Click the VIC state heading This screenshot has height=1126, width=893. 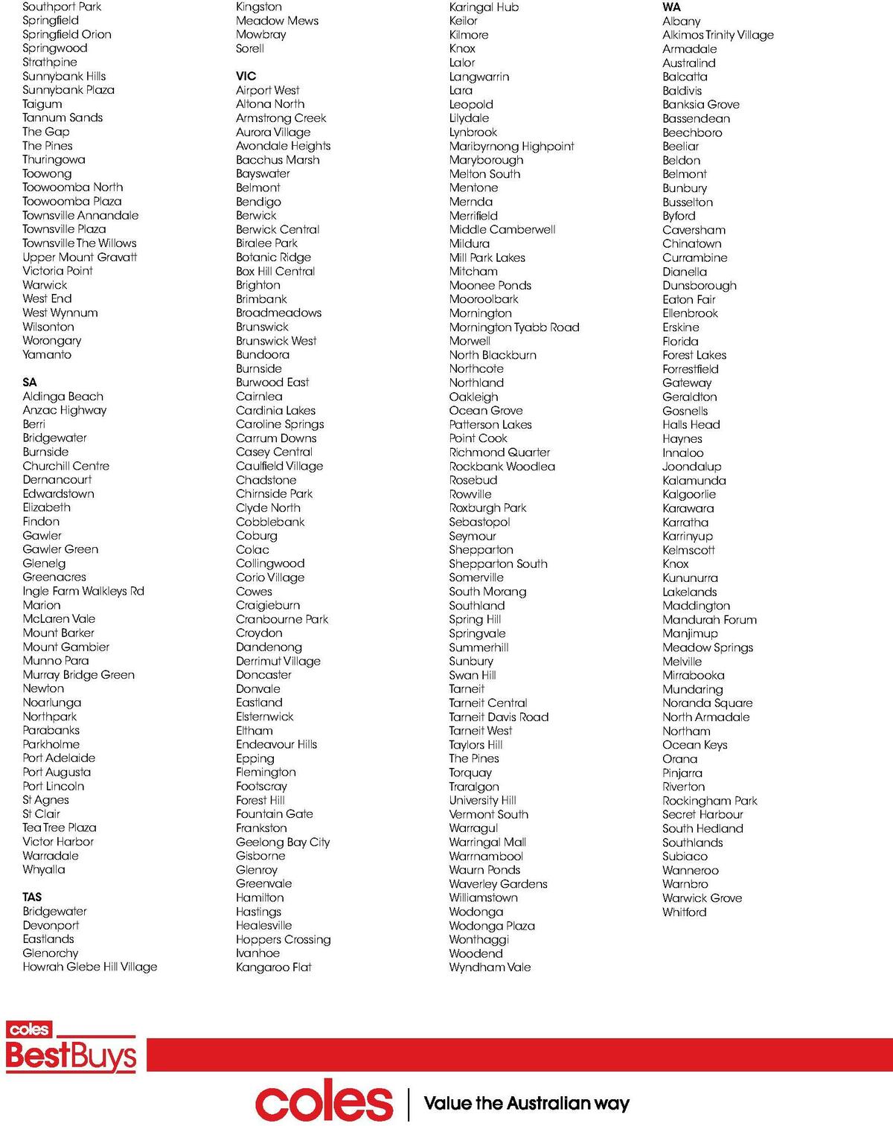click(246, 76)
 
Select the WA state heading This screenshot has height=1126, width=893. click(671, 7)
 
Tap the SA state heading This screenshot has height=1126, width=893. click(30, 383)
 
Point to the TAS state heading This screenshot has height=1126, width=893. click(32, 897)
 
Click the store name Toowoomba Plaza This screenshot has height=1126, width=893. click(71, 201)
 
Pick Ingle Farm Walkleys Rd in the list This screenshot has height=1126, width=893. click(83, 591)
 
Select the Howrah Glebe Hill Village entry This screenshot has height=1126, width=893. click(90, 967)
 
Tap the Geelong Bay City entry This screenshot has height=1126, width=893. click(283, 842)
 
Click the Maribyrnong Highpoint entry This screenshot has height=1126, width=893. click(511, 146)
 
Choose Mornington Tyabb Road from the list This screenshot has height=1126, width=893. click(514, 327)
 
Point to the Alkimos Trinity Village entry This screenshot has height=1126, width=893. click(718, 35)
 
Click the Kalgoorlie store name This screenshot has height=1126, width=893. click(689, 494)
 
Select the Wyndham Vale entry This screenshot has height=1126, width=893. click(490, 967)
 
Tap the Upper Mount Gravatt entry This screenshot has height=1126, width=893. click(80, 257)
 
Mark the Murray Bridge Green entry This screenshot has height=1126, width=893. click(79, 674)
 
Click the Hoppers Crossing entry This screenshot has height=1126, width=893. click(283, 939)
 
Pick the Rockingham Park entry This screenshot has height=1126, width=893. click(710, 801)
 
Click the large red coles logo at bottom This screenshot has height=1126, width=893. click(324, 1102)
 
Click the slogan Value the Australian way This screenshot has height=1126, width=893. click(526, 1103)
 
